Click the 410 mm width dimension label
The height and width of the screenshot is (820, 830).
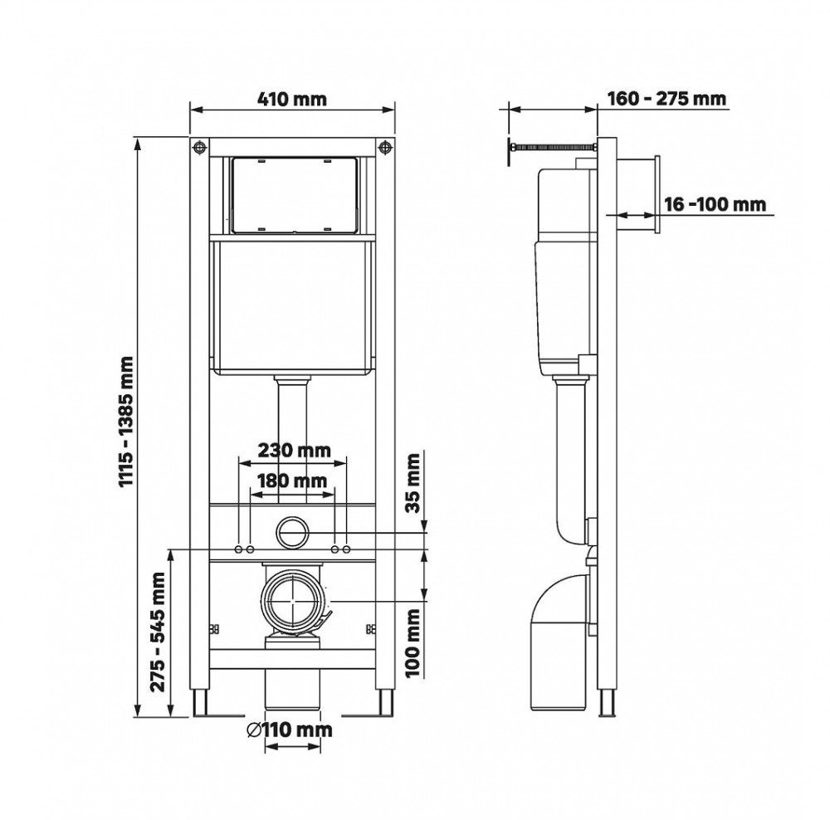(x=292, y=99)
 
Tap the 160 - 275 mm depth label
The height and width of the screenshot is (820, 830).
(x=666, y=99)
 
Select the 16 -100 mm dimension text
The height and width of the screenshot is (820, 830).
(x=715, y=204)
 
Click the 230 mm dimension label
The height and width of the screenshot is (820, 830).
(x=294, y=451)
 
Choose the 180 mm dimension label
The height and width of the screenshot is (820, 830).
(x=291, y=481)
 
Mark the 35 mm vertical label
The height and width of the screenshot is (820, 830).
(x=413, y=483)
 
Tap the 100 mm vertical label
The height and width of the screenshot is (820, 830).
(x=413, y=642)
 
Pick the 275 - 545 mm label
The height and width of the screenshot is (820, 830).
(x=158, y=632)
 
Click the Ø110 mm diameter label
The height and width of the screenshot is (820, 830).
(x=289, y=730)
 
